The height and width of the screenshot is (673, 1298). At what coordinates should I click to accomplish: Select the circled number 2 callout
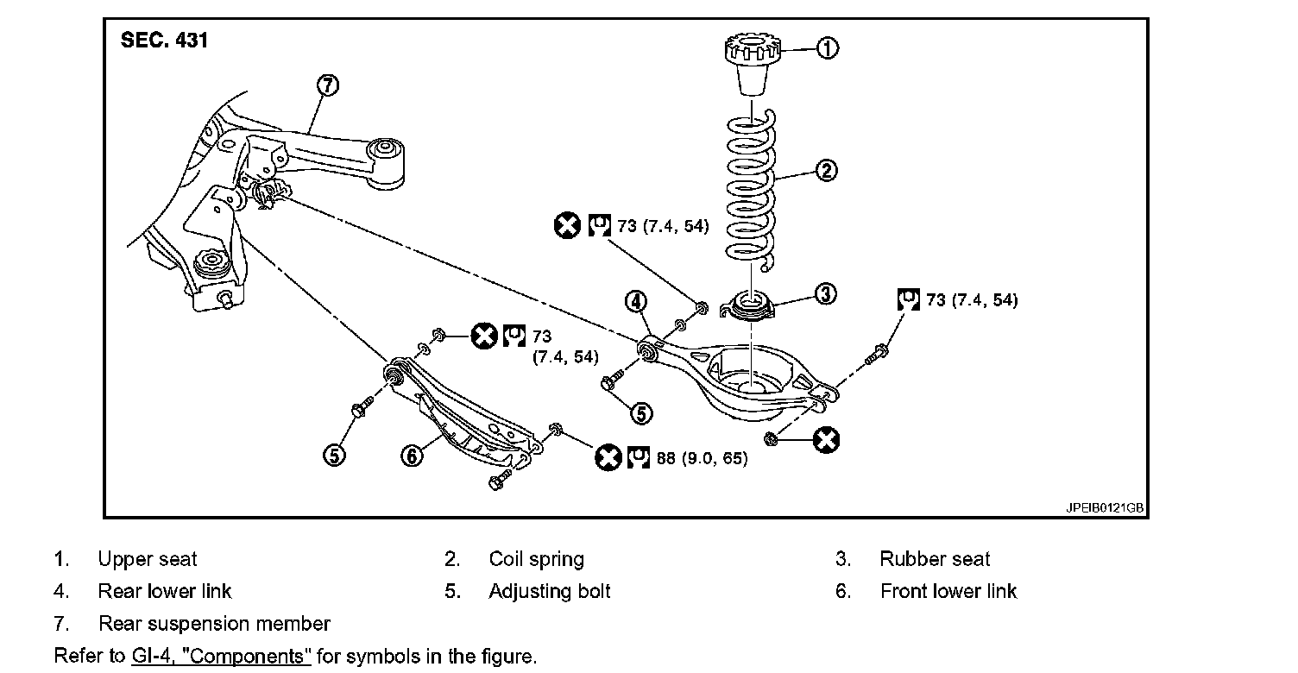click(826, 171)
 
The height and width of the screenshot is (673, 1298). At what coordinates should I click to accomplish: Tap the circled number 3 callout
click(826, 294)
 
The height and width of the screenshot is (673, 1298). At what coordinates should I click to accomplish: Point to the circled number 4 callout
click(635, 301)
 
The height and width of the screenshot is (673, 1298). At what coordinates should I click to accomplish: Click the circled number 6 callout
click(413, 456)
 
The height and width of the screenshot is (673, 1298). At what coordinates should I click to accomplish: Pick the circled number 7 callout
click(328, 85)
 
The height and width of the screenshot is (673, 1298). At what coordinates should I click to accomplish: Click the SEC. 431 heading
click(164, 41)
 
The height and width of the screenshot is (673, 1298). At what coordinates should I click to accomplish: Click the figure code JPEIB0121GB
click(1104, 508)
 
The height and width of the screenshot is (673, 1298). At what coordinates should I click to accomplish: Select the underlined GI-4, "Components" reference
click(221, 656)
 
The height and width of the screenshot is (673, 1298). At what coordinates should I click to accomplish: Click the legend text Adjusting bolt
click(549, 591)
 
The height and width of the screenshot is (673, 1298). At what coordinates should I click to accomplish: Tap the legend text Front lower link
click(948, 591)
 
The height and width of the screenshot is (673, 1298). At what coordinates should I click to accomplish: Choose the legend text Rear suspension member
click(214, 623)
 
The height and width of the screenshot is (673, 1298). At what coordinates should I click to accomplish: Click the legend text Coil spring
click(536, 559)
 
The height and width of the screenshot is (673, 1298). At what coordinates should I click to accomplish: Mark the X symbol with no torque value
click(826, 440)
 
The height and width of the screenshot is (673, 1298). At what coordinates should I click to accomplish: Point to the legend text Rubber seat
click(935, 559)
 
